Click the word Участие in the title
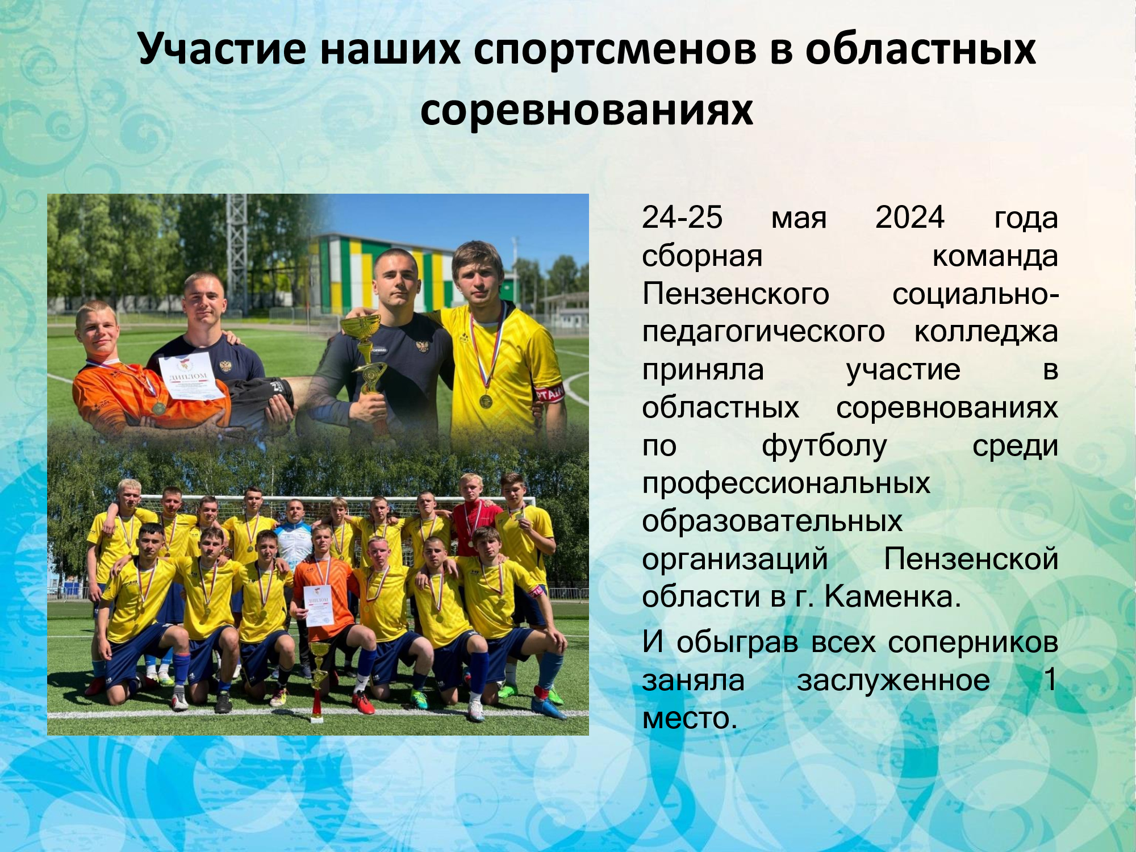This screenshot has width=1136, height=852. (x=222, y=49)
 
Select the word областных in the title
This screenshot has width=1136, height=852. (x=921, y=48)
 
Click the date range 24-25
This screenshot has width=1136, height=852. (x=682, y=217)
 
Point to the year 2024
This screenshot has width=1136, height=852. (x=909, y=217)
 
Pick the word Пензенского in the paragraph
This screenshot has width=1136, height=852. (x=736, y=294)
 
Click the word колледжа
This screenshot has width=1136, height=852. (x=985, y=333)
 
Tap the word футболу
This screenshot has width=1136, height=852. (x=824, y=446)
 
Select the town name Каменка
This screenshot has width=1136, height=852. (x=892, y=596)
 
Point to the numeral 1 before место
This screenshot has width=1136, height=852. (x=1050, y=679)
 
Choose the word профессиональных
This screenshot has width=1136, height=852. (x=786, y=485)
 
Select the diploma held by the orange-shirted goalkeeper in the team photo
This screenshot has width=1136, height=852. (x=319, y=605)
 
